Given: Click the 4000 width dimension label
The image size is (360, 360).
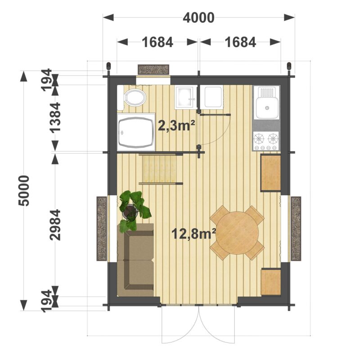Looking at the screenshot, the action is [198, 18].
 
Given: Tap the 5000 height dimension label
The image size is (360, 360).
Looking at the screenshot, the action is [24, 190].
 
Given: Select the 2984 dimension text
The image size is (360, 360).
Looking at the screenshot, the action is [55, 225].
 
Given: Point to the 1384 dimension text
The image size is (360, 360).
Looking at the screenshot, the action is [55, 117].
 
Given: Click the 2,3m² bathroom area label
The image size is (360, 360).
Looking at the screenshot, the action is [176, 126].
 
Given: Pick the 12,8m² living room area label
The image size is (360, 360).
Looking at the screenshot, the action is [193, 234].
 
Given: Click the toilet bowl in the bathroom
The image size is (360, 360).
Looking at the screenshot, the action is [135, 98].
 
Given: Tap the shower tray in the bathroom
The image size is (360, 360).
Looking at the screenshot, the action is [136, 132].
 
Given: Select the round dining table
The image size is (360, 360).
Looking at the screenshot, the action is [238, 233].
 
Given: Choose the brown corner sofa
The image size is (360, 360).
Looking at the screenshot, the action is [135, 260].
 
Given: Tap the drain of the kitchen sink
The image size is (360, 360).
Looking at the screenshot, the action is [267, 108].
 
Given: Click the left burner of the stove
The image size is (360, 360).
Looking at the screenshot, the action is [259, 139].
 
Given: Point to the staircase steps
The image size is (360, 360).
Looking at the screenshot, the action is [160, 169].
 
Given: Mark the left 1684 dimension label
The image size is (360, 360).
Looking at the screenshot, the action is [157, 42].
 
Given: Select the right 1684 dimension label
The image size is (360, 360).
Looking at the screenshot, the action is [240, 42].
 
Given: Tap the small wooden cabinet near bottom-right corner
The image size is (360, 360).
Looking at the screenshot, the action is [271, 282].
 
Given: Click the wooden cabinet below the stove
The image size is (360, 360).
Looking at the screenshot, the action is [271, 173].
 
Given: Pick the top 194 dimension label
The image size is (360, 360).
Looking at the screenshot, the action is [46, 80].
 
